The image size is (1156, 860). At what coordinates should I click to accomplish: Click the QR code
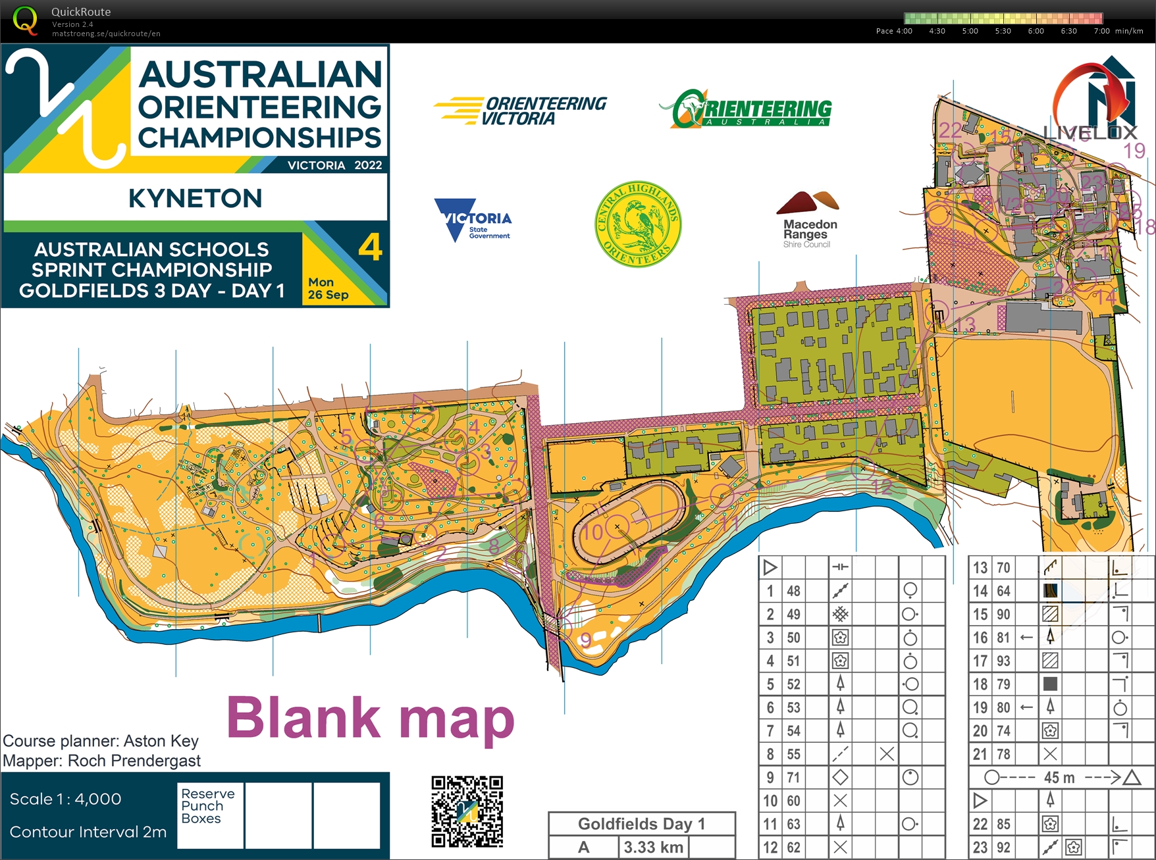[467, 811]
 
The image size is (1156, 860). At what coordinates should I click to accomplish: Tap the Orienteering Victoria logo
[520, 111]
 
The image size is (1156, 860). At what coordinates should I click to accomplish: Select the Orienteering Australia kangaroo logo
[745, 109]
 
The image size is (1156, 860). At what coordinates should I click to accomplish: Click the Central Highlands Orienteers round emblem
[637, 224]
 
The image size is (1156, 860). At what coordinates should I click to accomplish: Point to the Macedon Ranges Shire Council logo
[808, 220]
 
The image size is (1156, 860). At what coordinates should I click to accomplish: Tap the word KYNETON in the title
[196, 198]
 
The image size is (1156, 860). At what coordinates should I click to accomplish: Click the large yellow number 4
[370, 248]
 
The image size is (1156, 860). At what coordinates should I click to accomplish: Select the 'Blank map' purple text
[370, 719]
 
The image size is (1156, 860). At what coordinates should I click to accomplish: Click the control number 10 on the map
[593, 532]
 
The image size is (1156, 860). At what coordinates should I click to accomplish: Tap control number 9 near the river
[585, 640]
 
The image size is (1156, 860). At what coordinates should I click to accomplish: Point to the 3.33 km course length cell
[653, 847]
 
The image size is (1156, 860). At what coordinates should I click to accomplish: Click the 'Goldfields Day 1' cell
[641, 824]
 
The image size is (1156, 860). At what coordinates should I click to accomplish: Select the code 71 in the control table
[794, 777]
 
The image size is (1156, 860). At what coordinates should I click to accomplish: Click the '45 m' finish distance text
[1059, 778]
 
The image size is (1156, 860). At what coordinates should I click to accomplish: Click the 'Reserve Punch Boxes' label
[208, 806]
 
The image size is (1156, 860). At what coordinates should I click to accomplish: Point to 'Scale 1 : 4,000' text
[66, 799]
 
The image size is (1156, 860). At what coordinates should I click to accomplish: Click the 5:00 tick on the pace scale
[970, 31]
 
